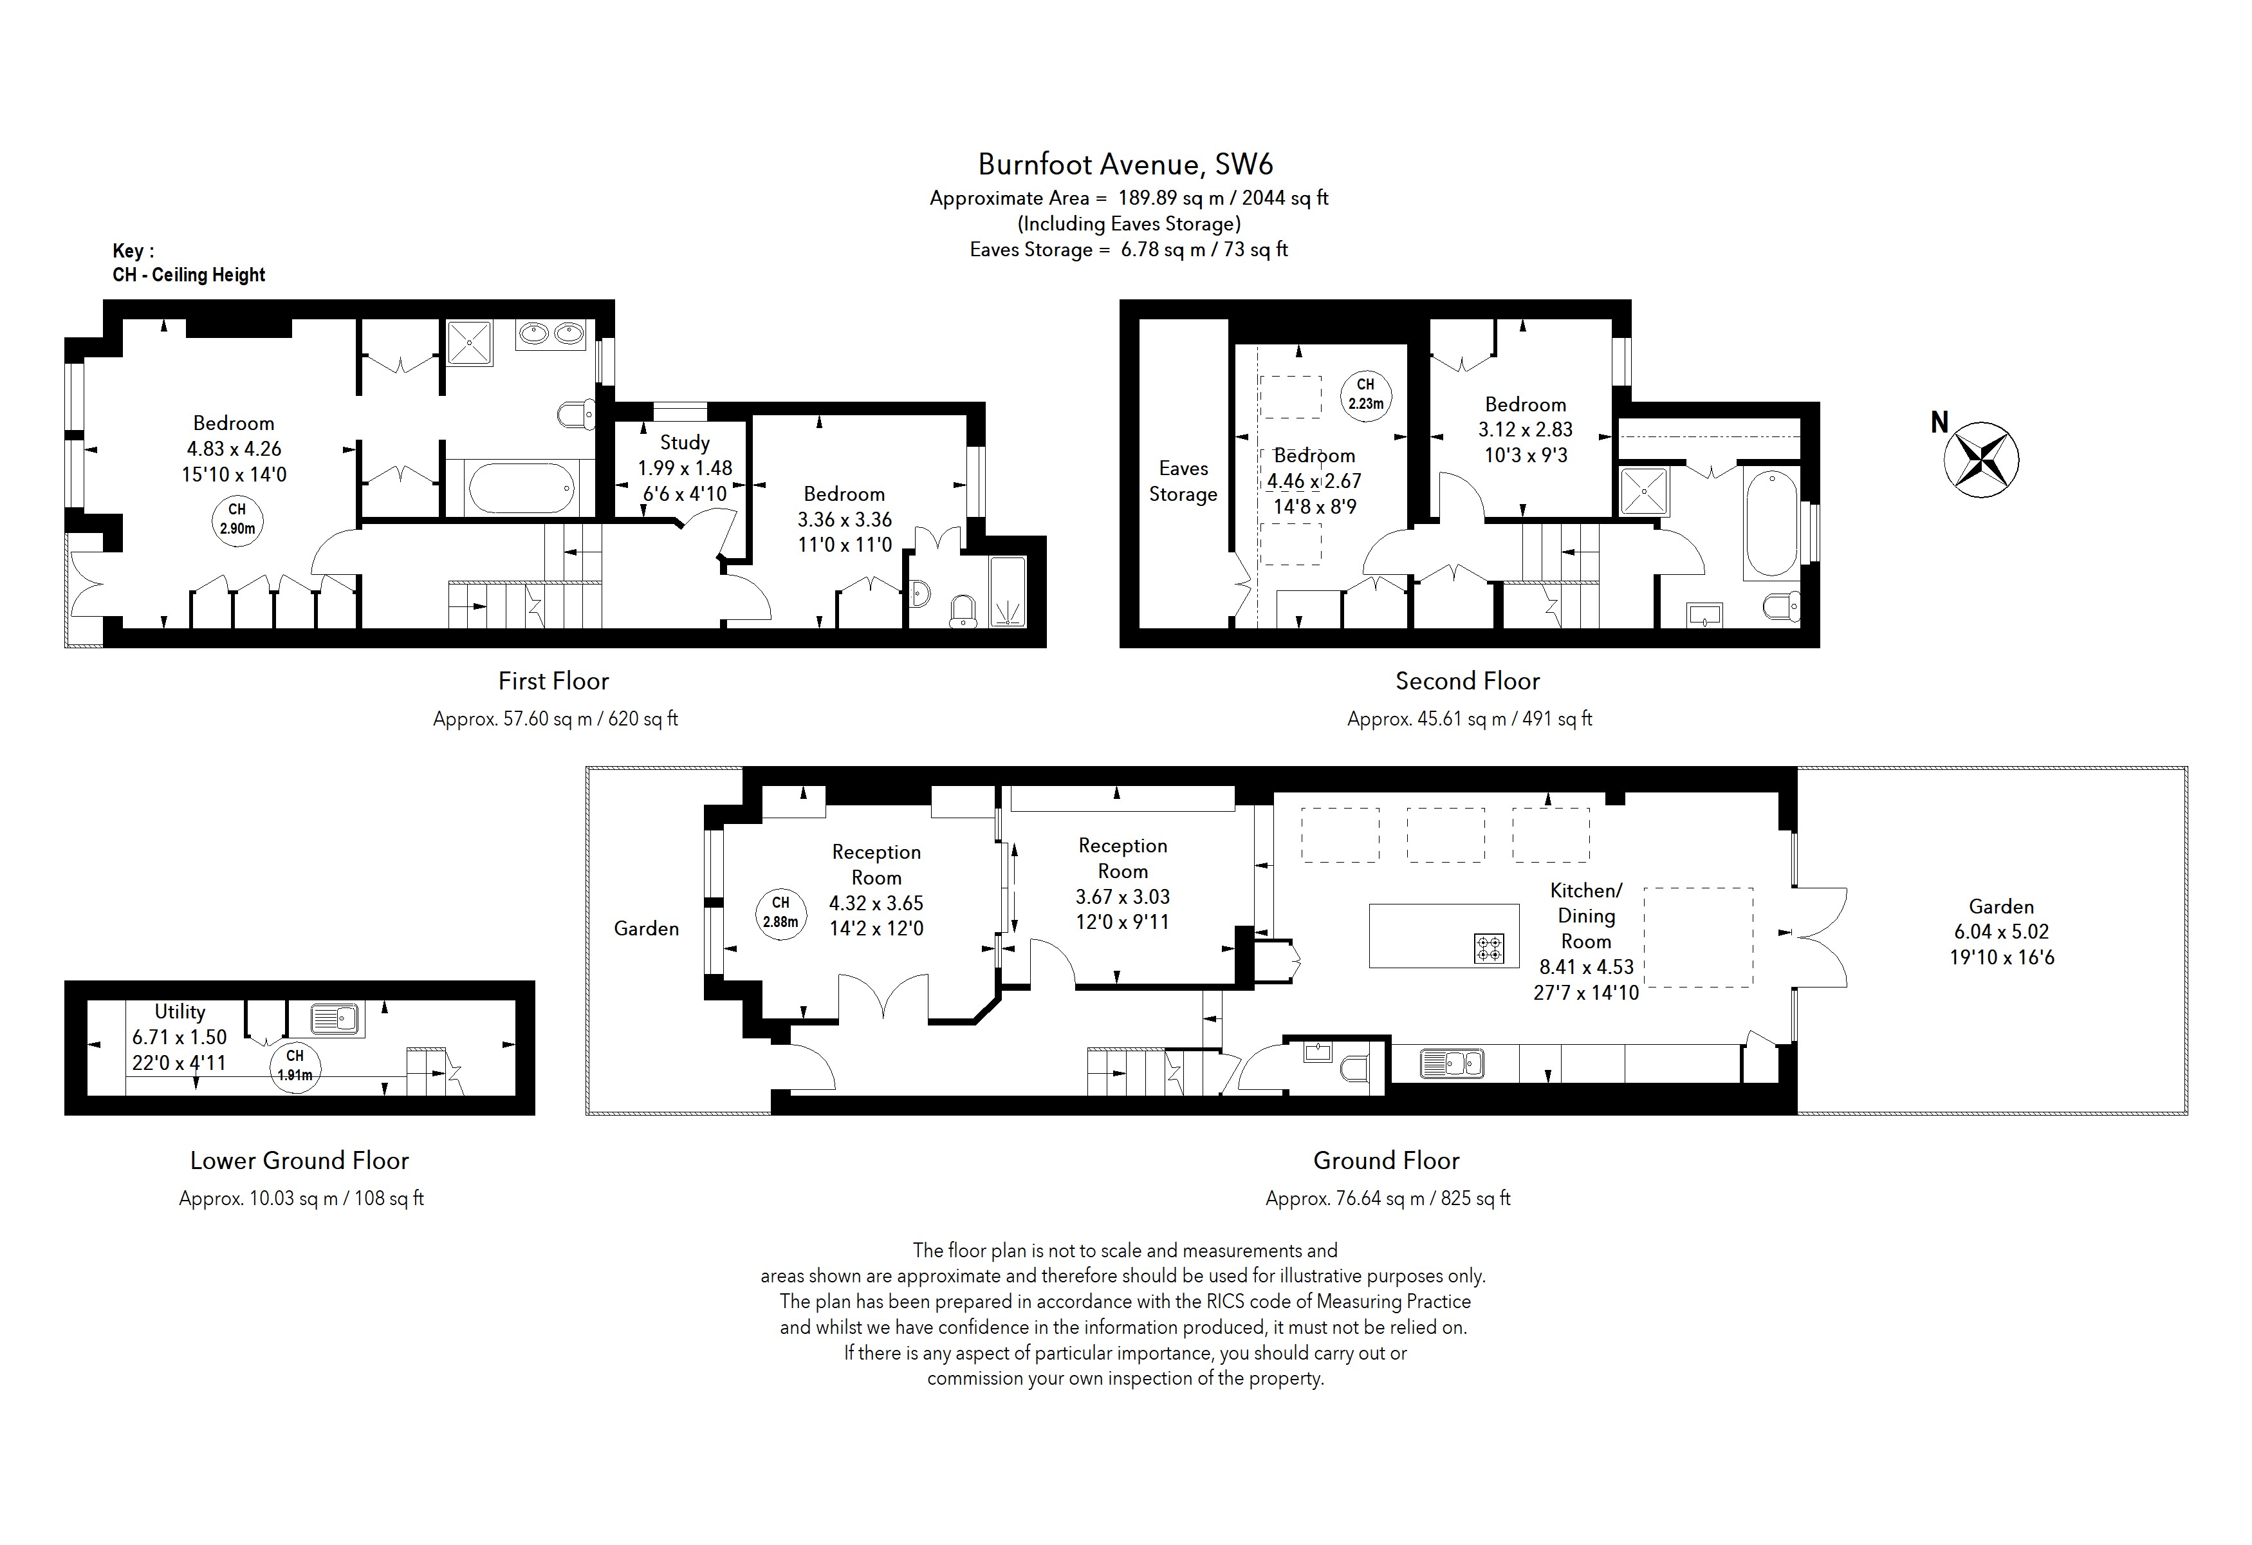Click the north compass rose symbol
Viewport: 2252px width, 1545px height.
(x=1980, y=460)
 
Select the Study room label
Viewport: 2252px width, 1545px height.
(x=684, y=443)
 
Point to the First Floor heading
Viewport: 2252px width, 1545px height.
(x=553, y=681)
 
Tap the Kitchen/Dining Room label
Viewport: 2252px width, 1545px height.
(x=1585, y=915)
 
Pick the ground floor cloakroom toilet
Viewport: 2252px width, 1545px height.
(x=1356, y=1070)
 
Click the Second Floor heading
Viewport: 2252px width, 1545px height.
(x=1467, y=681)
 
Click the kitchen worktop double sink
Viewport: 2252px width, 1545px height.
(x=1452, y=1064)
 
